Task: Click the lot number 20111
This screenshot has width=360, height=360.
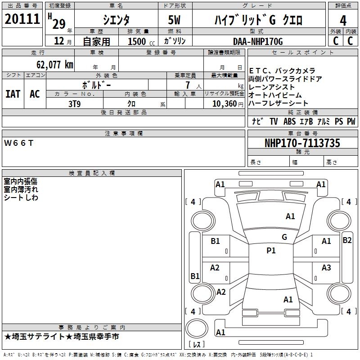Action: coord(22,19)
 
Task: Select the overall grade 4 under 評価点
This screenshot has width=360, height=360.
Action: coord(343,21)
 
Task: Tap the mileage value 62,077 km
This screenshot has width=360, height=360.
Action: coord(55,65)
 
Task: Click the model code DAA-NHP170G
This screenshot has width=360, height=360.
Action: coord(258,41)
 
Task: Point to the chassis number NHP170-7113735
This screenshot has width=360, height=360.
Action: coord(302,143)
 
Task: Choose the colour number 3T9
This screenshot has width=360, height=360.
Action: coord(75,104)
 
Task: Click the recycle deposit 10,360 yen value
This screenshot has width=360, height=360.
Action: coord(228,104)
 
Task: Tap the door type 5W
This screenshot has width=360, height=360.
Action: coord(174,20)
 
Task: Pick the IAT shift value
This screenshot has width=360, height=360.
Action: coord(13,94)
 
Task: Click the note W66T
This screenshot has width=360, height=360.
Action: coord(18,143)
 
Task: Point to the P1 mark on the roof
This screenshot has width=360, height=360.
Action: coord(271,251)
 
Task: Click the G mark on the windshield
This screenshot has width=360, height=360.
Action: coord(284,237)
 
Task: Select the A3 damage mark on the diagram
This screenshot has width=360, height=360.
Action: coord(326,268)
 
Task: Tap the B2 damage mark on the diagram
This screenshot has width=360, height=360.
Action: coord(347,240)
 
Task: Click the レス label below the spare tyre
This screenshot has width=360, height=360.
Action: coord(197,344)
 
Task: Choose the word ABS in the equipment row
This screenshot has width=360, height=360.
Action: coord(289,121)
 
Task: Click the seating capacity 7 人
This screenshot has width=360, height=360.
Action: coord(193,85)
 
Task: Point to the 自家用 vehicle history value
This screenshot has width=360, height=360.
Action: coord(97,41)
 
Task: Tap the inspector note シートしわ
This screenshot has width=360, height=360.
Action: coord(21,198)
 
